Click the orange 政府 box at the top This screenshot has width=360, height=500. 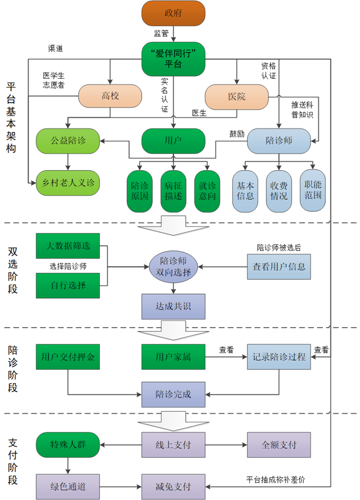pos(173,14)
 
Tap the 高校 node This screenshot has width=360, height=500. pos(110,97)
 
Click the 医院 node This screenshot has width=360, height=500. pos(236,97)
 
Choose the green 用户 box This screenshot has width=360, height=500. pos(173,140)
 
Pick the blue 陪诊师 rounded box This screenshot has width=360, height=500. pos(278,140)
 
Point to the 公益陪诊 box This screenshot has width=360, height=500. pos(68,140)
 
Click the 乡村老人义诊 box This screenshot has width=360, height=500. pos(68,183)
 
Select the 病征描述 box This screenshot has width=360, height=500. pos(173,191)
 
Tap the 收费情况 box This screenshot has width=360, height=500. pos(279,191)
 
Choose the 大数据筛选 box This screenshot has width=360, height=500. pos(68,246)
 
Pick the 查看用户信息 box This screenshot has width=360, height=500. pos(278,267)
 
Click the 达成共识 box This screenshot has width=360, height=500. pos(173,307)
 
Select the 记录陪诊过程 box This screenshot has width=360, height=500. pos(278,357)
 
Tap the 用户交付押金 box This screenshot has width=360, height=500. pos(68,357)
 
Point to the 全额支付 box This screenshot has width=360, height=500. pos(278,445)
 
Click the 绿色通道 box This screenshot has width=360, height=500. pos(68,486)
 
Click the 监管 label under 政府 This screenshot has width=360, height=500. pos(161,34)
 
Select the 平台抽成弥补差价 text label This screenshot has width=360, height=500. pos(275,479)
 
